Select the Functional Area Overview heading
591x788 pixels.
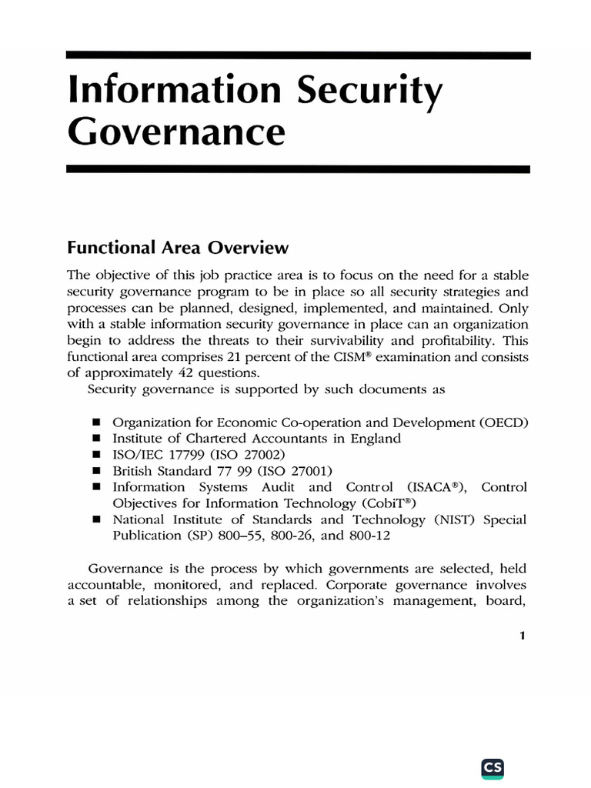click(x=178, y=248)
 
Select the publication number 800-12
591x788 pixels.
click(x=369, y=536)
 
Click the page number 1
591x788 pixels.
click(x=523, y=635)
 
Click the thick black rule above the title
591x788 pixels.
click(x=298, y=55)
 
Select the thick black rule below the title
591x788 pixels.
click(x=298, y=169)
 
